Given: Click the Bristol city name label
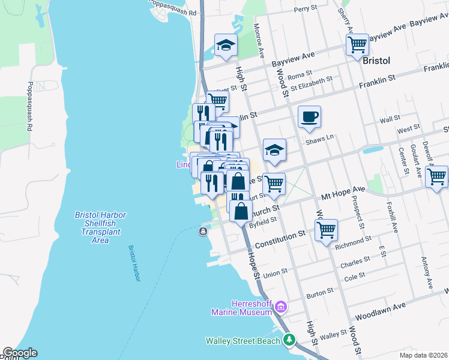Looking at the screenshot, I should [x=377, y=61].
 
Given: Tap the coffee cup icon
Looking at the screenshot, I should [x=309, y=117].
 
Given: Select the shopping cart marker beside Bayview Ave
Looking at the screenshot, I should [x=357, y=44].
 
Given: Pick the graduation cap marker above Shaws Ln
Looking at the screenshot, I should [x=274, y=150].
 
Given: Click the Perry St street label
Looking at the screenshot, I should [x=305, y=10].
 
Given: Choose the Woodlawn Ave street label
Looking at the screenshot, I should [x=380, y=310].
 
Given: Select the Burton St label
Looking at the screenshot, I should [x=320, y=292].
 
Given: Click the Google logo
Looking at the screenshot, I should [x=19, y=353].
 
